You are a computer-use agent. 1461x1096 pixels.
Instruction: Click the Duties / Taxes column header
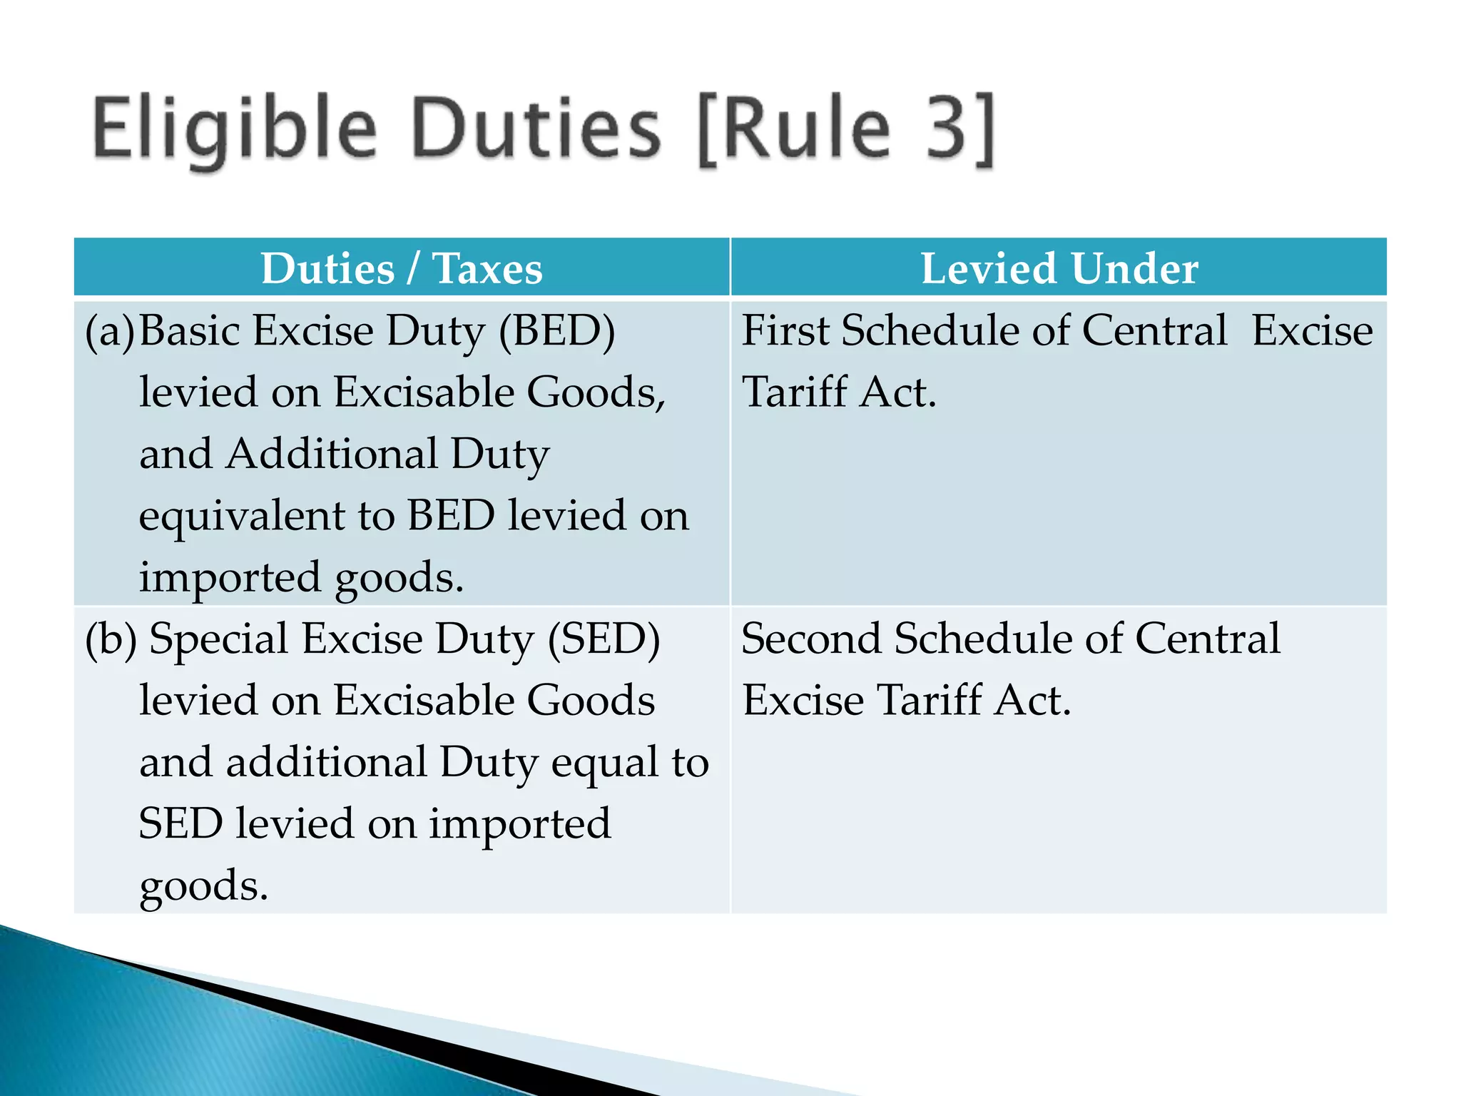pyautogui.click(x=402, y=268)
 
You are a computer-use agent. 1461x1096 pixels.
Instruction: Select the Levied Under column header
pyautogui.click(x=1059, y=268)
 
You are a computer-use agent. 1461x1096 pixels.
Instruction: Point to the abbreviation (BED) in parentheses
pyautogui.click(x=556, y=331)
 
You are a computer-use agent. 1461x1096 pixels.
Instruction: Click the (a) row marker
pyautogui.click(x=109, y=331)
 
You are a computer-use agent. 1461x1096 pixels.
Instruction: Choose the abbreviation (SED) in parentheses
pyautogui.click(x=604, y=639)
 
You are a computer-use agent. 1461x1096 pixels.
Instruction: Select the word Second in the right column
pyautogui.click(x=811, y=639)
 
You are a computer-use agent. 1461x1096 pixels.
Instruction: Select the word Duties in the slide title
pyautogui.click(x=536, y=129)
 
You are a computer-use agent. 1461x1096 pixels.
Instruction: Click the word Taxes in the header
pyautogui.click(x=487, y=268)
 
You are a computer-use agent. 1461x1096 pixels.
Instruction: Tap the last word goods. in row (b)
pyautogui.click(x=203, y=886)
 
